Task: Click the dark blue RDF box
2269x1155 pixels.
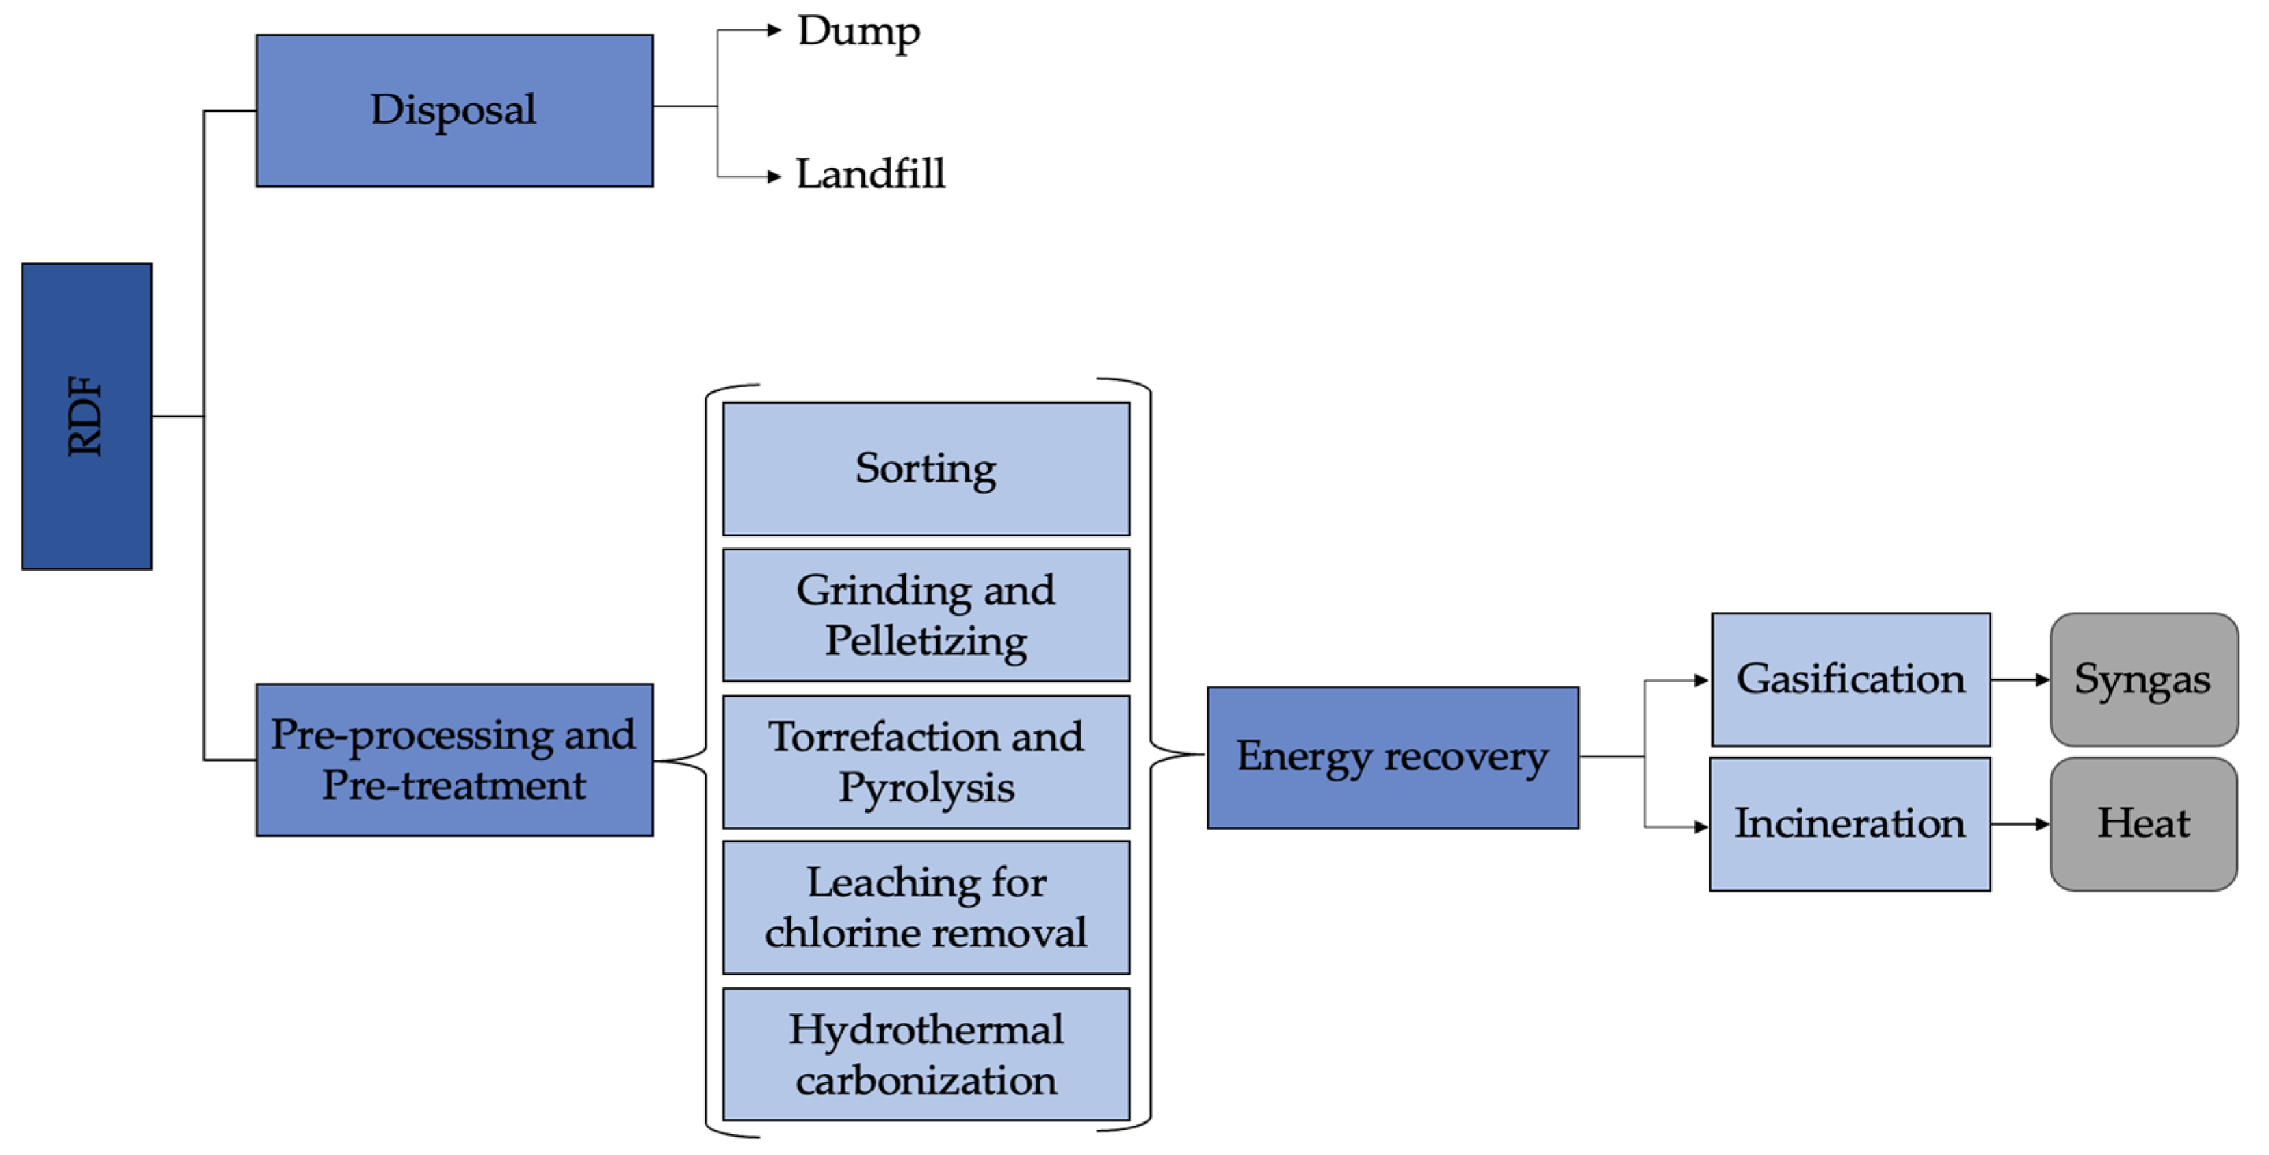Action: [x=86, y=416]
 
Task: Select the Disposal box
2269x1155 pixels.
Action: [x=454, y=110]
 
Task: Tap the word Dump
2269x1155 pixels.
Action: [x=858, y=31]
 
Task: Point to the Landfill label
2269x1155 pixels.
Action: [x=869, y=174]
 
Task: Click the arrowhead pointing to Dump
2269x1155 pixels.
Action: [x=774, y=31]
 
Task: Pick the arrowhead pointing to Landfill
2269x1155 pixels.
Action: [x=774, y=177]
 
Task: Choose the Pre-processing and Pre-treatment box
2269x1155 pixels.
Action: [x=454, y=760]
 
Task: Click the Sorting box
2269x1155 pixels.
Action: [x=925, y=469]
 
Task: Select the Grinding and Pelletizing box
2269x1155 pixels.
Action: [x=925, y=615]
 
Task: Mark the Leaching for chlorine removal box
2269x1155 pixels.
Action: [x=925, y=907]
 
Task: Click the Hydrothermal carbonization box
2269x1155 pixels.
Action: [x=925, y=1054]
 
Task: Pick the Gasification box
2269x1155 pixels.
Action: [x=1850, y=679]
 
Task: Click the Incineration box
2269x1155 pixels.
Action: [x=1849, y=824]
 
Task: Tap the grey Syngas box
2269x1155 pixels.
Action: [x=2143, y=679]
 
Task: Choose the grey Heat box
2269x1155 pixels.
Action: [x=2143, y=824]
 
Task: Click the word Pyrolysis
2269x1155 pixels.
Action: [x=925, y=788]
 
